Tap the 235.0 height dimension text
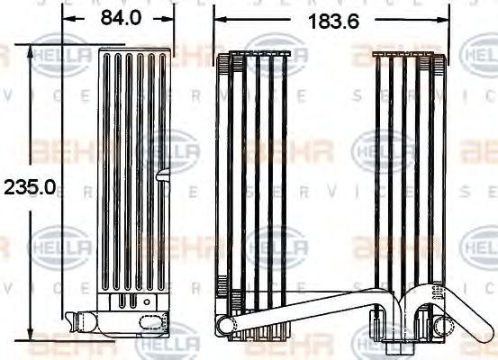coord(30,186)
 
